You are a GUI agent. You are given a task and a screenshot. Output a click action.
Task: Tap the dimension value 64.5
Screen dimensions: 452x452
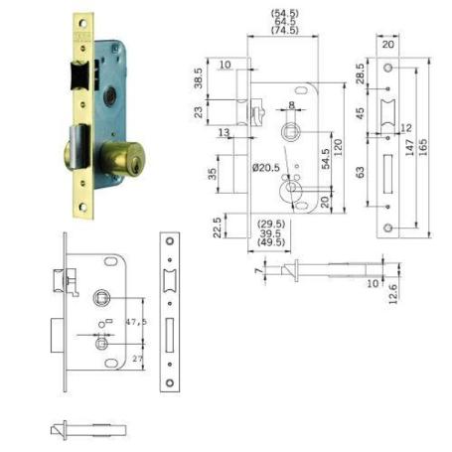click(284, 22)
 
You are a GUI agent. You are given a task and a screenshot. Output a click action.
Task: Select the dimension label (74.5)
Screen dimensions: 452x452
click(284, 32)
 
